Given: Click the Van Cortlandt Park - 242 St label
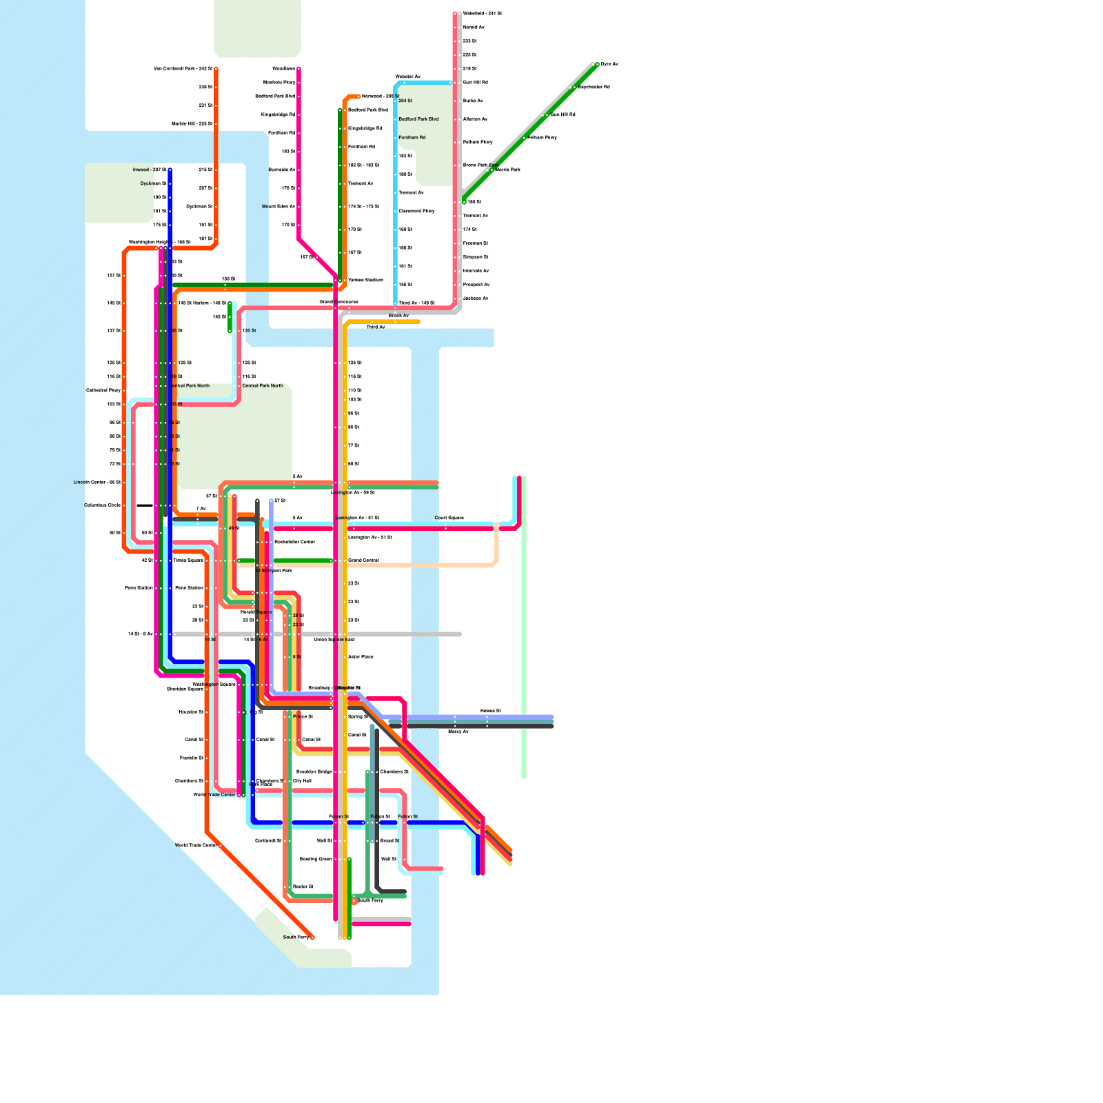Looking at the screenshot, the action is point(183,69).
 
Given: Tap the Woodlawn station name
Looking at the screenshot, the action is point(283,69).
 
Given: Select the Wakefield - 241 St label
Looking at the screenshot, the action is point(482,14).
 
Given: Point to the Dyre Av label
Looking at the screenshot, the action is point(609,64).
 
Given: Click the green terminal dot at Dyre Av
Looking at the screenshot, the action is point(597,64).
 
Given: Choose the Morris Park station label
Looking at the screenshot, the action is point(507,170).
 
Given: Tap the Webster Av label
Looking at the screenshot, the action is point(407,77).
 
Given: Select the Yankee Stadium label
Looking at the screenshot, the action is point(365,280).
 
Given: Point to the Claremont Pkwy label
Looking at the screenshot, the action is point(416,211).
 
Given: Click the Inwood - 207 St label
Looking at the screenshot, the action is point(150,170).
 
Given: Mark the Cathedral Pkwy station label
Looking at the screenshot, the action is point(103,390).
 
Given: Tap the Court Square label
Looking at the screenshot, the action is point(449,518).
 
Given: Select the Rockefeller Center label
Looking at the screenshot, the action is point(294,542).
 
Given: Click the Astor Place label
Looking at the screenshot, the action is point(361,657).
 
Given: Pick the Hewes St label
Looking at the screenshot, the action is point(490,711).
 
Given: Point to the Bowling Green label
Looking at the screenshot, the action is point(316,859).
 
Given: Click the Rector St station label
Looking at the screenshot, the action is point(303,887).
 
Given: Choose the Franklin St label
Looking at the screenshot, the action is point(191,758).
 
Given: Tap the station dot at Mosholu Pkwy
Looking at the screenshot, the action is point(298,83).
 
